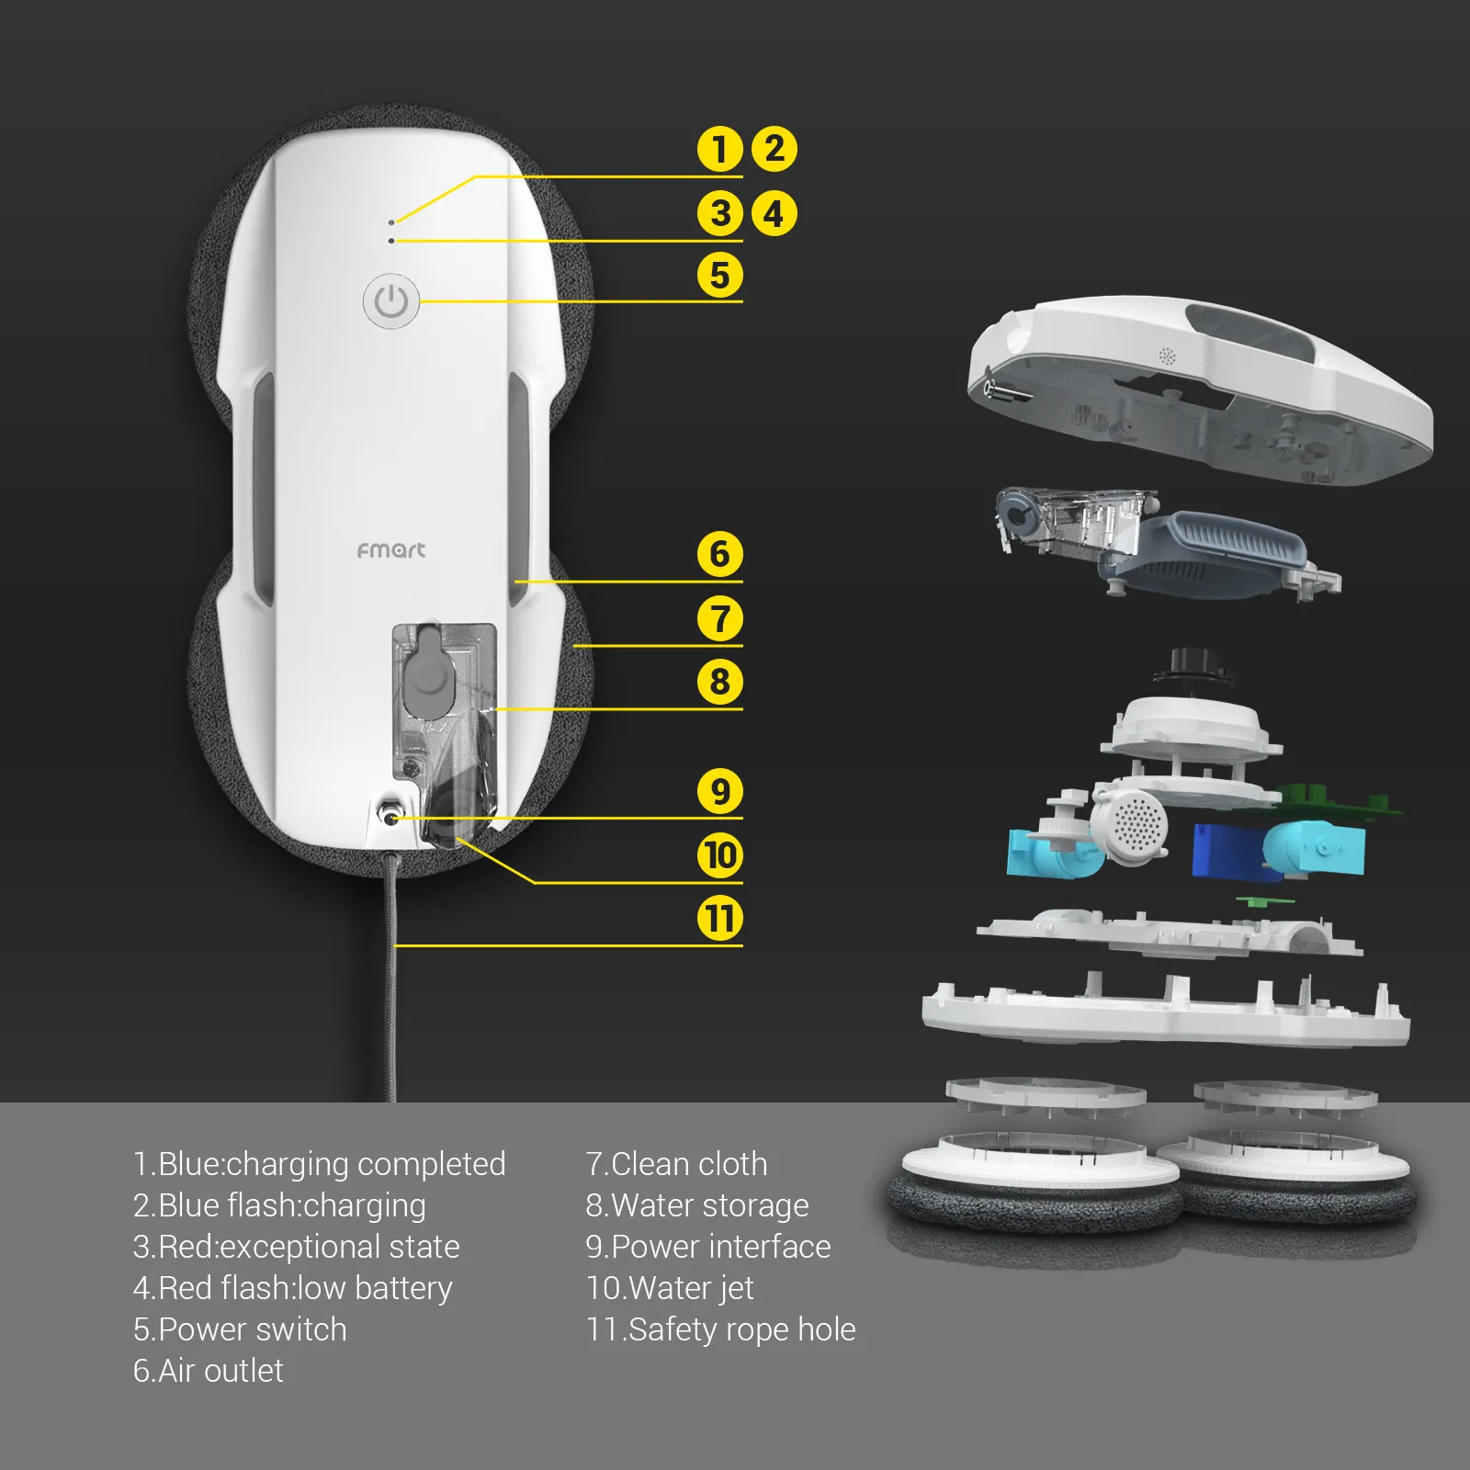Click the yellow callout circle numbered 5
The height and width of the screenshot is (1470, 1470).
coord(719,275)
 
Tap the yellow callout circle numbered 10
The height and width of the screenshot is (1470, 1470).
coord(719,855)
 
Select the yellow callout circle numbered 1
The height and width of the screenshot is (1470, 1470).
coord(719,149)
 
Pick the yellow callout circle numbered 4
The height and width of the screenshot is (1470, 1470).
coord(775,214)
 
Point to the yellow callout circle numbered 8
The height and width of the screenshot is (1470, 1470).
coord(719,682)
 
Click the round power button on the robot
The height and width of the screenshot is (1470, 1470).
coord(391,300)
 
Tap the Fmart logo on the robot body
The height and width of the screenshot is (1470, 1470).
coord(391,549)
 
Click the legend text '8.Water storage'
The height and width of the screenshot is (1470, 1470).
coord(697,1204)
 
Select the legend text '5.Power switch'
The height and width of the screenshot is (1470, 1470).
coord(240,1329)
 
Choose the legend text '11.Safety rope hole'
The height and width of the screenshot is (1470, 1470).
coord(721,1329)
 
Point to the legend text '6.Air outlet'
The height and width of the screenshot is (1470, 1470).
coord(209,1370)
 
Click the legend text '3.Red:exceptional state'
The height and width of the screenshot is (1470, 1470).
coord(296,1246)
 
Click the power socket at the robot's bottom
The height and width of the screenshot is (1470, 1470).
coord(392,817)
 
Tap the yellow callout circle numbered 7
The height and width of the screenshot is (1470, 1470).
coord(719,618)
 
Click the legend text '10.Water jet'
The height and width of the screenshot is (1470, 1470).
coord(670,1287)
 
